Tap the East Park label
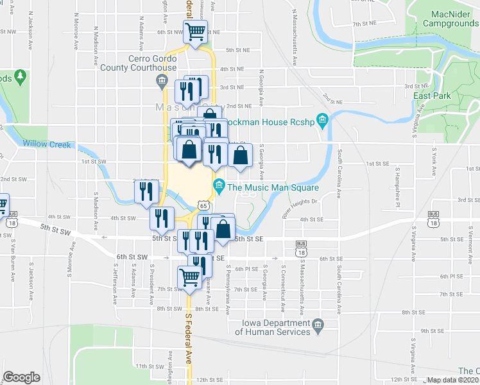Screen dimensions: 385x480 point(429,96)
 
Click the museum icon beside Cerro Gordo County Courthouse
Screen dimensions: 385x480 point(160,80)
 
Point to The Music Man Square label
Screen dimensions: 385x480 point(273,187)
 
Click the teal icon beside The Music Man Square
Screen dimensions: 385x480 point(219,187)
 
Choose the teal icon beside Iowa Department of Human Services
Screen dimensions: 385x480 point(318,328)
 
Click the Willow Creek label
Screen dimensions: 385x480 point(47,144)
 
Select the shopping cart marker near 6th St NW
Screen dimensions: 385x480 point(196,31)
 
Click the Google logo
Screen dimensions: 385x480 point(21,377)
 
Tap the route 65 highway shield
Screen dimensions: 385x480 point(203,205)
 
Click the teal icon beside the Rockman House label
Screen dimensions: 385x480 point(323,120)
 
